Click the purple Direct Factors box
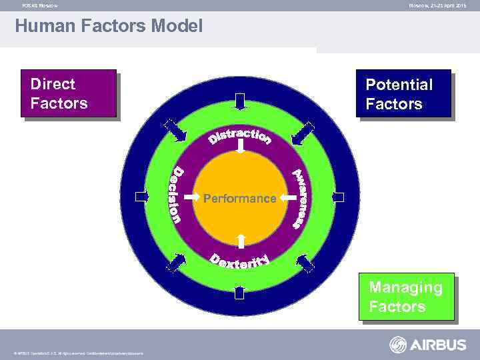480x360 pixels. pos(69,93)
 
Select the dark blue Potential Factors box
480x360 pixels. pos(403,93)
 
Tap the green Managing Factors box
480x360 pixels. pos(407,297)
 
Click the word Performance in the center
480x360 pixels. pos(239,199)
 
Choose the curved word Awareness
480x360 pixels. pos(300,198)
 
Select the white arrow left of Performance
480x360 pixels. pos(191,197)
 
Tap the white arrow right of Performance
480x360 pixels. pos(287,197)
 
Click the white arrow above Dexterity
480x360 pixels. pos(241,241)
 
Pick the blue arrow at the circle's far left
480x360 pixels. pos(141,197)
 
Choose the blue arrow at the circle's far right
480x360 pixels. pos(337,197)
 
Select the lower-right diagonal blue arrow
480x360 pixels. pos(305,264)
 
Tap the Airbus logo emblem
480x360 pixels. pos(399,345)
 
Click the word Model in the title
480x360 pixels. pos(169,27)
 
